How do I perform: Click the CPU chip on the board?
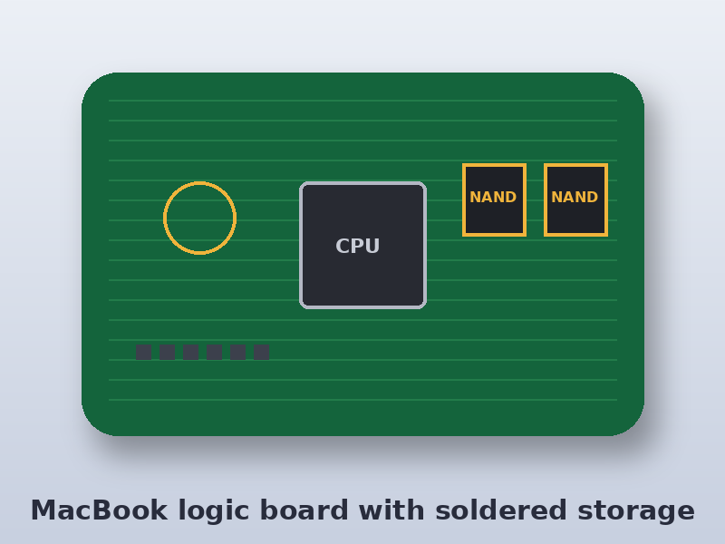coord(363,245)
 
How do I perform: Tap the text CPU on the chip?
coord(357,246)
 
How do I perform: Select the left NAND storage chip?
coord(494,199)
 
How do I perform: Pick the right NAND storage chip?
coord(575,199)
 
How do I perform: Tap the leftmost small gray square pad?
coord(144,352)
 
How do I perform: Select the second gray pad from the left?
coord(168,352)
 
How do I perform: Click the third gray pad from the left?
coord(191,352)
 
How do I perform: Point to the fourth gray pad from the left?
coord(214,352)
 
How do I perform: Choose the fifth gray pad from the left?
coord(237,352)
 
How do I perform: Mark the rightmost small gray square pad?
coord(261,352)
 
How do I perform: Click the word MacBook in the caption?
coord(99,510)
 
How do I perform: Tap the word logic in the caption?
coord(213,511)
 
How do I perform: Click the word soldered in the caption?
coord(501,510)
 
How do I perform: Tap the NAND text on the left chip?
coord(493,197)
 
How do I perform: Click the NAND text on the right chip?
coord(575,197)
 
